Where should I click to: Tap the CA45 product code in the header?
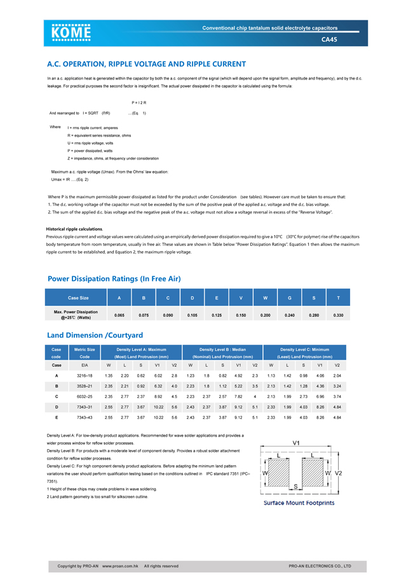coord(329,39)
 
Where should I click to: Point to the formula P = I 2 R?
coord(139,102)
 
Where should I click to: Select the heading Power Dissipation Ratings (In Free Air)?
coord(114,278)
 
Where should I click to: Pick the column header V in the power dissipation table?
coord(241,297)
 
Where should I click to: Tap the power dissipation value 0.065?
coord(119,315)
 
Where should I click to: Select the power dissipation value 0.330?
coord(338,315)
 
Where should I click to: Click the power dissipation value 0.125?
coord(216,315)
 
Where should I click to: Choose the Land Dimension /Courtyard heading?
coord(95,335)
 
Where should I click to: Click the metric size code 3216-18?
coord(85,376)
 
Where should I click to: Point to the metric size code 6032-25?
coord(85,396)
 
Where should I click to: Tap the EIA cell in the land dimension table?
coord(85,365)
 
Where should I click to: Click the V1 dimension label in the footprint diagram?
coord(296,442)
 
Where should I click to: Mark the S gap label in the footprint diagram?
coord(295,486)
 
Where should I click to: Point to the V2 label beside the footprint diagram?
coord(338,473)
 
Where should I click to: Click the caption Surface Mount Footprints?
coord(299,503)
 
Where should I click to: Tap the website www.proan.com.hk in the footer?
coord(121,566)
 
